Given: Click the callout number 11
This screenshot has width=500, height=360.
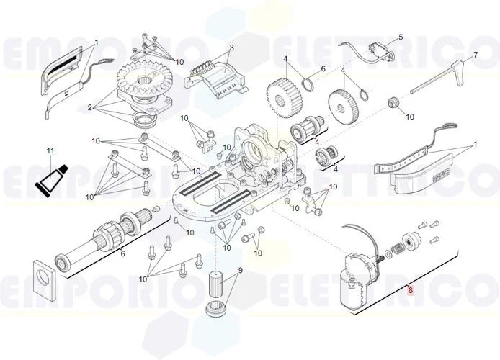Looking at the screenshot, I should coord(50,150).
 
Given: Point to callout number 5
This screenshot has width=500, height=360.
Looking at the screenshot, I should coord(401,37).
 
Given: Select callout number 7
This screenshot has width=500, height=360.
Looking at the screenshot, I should coord(476,55).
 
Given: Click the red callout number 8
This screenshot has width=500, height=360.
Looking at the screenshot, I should coord(411,291).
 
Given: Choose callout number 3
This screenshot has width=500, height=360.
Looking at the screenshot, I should coord(232,48).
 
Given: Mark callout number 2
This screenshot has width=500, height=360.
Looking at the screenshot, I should coord(91,108).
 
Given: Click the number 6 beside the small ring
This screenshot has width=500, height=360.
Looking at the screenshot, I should coord(323,68).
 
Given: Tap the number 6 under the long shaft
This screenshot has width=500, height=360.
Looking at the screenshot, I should coord(122,253).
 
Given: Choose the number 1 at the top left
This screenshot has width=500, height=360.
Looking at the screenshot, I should coord(96,43).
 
